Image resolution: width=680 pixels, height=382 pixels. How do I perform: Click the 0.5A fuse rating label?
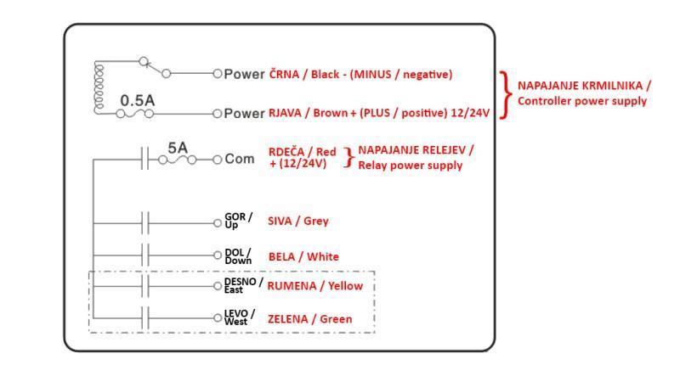point(137,100)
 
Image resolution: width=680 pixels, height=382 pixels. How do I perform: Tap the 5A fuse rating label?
point(177,148)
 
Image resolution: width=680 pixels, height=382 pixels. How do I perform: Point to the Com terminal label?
point(239,159)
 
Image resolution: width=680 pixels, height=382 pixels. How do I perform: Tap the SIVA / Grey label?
point(297,221)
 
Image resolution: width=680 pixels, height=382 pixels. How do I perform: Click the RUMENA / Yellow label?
point(314,286)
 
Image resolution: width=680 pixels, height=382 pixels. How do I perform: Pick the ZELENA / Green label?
point(309,319)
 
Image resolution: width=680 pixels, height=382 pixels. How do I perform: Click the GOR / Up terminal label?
point(238,221)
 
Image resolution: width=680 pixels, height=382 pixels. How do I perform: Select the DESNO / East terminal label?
point(243,285)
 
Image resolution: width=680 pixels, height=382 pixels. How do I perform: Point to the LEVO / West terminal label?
point(239,317)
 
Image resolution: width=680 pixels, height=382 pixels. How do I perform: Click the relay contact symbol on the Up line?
point(145,223)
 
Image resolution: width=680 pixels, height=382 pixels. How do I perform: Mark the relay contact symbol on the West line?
point(145,317)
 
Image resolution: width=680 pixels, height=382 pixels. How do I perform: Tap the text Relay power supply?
point(410,165)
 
